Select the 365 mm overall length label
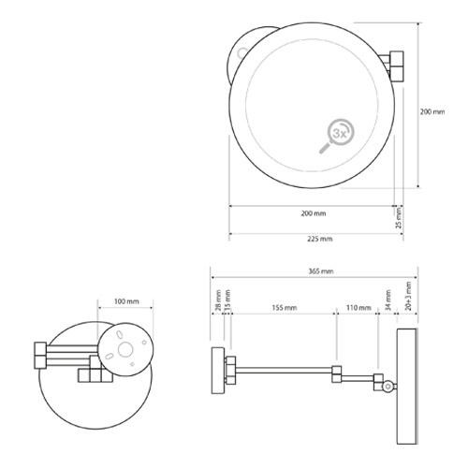(x=319, y=271)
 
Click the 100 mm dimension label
(x=126, y=302)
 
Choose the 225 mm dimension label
(x=319, y=239)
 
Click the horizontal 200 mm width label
(x=313, y=214)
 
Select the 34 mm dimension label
(x=388, y=301)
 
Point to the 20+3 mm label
(x=408, y=297)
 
